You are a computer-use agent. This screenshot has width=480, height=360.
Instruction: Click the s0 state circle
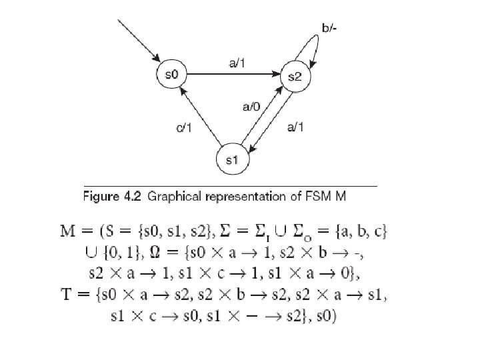171,73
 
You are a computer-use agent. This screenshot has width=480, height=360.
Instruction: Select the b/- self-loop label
329,29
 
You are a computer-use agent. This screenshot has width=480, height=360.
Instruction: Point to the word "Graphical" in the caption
177,197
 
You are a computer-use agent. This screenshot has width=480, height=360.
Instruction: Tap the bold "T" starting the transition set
96,296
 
